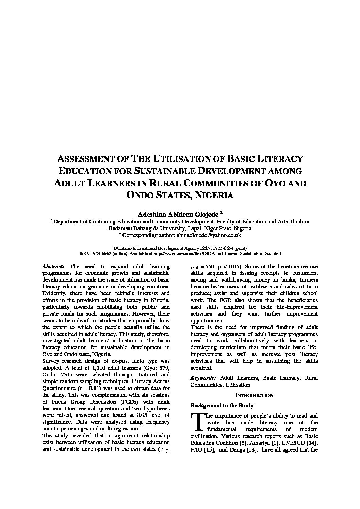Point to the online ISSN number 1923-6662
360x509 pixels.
[102, 253]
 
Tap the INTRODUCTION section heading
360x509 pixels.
[254, 395]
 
